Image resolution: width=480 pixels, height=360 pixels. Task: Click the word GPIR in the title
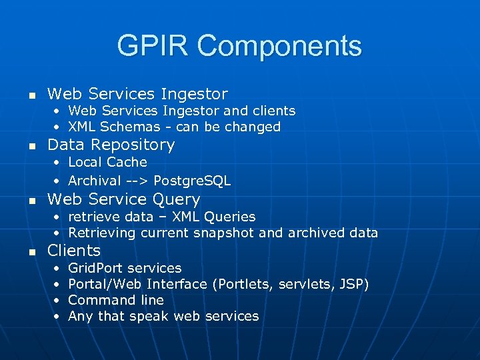click(x=153, y=46)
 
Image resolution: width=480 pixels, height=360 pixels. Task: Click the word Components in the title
click(x=279, y=46)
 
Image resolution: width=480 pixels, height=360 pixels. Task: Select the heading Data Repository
click(x=111, y=145)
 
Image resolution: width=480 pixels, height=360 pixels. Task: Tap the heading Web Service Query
click(x=123, y=199)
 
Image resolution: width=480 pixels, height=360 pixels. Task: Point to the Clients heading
click(x=73, y=251)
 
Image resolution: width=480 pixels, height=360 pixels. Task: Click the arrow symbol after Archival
click(x=139, y=181)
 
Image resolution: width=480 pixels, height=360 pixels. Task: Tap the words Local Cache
click(x=107, y=162)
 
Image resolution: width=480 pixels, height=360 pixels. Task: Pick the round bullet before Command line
click(x=57, y=301)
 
